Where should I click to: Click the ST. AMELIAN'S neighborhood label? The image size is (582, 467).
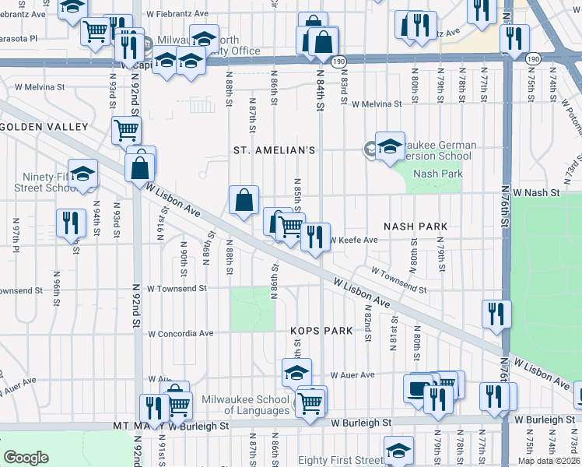point(275,150)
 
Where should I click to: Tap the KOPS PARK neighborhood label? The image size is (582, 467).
point(321,331)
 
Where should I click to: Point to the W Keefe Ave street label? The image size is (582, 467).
point(353,241)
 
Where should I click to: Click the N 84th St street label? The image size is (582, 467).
point(319,91)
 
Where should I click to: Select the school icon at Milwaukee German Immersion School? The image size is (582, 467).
point(390,146)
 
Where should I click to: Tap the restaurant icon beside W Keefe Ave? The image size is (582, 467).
point(314,236)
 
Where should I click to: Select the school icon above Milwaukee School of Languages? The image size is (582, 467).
point(296,373)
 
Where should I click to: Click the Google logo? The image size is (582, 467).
point(26,458)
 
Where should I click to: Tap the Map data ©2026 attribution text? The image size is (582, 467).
point(549,461)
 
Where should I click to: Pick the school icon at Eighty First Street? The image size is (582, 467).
point(398,449)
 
